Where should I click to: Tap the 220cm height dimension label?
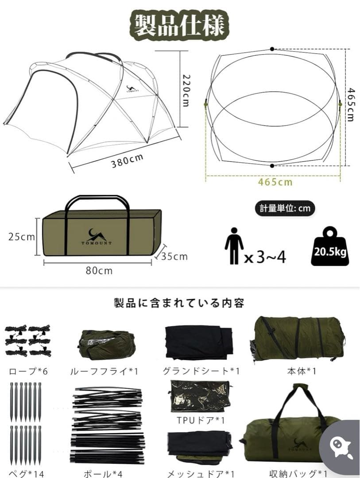coord(185,89)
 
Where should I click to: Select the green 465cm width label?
coord(275,181)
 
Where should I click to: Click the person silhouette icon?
coord(234,246)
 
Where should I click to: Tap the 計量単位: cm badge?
coord(282,208)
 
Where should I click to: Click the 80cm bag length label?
coord(99,270)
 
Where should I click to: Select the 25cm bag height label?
coord(21,237)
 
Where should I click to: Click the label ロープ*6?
coord(27,371)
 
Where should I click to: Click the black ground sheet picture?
coord(198,342)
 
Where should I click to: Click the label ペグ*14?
coord(26,474)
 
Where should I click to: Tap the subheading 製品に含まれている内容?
coord(179,303)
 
